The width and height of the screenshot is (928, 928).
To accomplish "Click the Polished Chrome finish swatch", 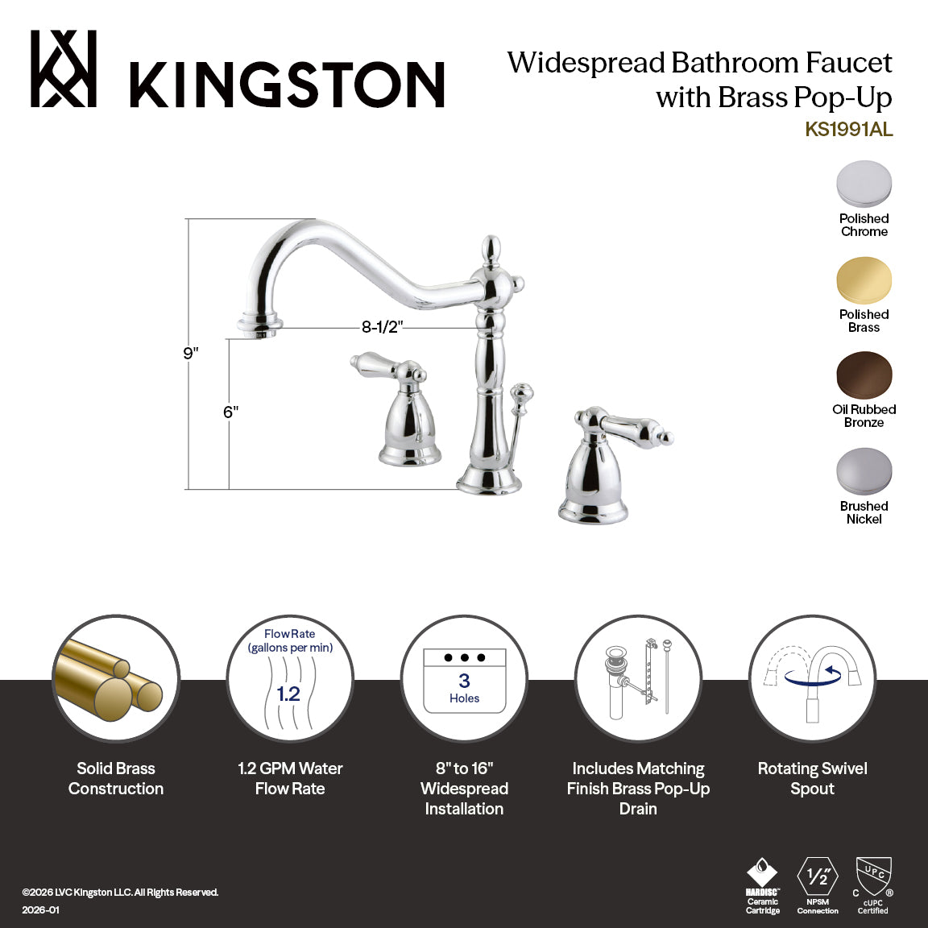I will coord(864,184).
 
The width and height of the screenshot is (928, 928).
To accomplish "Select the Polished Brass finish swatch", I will coord(864,280).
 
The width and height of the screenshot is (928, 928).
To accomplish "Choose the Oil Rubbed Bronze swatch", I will coord(864,375).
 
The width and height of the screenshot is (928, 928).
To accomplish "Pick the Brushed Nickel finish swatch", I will coord(864,471).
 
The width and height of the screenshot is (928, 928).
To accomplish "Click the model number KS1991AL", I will coord(848,130).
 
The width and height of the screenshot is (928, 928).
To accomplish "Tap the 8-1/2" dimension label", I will coord(382,327).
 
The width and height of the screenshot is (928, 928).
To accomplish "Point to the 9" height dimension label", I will coord(190,353).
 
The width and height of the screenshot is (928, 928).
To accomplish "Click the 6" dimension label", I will coord(231,412).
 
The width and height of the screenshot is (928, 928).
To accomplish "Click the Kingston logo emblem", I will coord(64,69).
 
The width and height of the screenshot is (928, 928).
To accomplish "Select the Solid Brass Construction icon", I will coord(115,679).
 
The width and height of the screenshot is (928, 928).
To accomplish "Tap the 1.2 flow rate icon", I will coord(289,679).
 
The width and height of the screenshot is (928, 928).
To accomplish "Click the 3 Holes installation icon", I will coord(464,679).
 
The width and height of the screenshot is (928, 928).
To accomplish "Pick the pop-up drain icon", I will coord(638,679).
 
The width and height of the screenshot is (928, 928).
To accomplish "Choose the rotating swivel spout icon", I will coord(812,679).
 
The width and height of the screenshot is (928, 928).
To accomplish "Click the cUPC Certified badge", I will coord(873,885).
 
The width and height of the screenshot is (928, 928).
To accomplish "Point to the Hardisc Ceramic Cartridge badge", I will coord(762,885).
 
